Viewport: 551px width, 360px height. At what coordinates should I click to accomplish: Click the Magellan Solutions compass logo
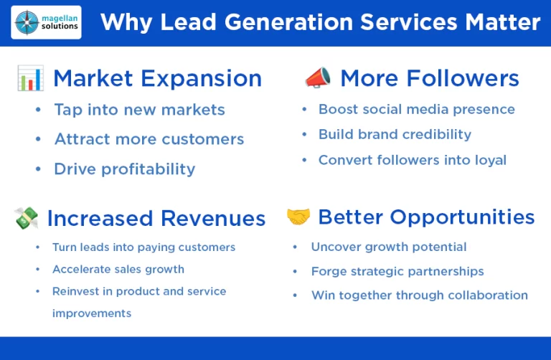tap(27, 22)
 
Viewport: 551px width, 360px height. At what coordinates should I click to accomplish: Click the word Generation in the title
tap(288, 22)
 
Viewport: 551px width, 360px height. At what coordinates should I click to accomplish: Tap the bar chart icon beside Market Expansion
tap(31, 78)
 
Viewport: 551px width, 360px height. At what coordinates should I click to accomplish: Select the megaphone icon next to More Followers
tap(318, 77)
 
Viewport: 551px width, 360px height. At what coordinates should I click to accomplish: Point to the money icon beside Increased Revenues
tap(27, 218)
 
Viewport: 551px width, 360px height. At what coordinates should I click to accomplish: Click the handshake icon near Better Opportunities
tap(298, 217)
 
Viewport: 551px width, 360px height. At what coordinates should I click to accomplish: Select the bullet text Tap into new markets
tap(139, 110)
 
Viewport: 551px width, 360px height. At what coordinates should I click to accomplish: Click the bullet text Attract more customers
tap(149, 139)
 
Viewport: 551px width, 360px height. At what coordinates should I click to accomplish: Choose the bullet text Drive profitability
tap(124, 169)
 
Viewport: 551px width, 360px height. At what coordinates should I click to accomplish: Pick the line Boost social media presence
tap(417, 109)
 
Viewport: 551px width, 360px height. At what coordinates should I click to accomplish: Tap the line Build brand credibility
tap(395, 135)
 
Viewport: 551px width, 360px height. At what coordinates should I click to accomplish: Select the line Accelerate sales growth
tap(118, 270)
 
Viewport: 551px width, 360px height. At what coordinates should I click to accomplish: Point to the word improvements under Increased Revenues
tap(92, 313)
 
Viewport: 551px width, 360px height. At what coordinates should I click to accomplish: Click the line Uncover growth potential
tap(389, 247)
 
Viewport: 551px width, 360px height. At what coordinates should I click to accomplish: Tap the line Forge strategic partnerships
tap(397, 272)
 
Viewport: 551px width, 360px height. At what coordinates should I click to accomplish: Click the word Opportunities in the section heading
tap(462, 217)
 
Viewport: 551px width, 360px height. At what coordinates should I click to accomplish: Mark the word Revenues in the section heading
tap(213, 219)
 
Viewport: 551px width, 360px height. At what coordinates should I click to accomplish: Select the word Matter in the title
tap(503, 22)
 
